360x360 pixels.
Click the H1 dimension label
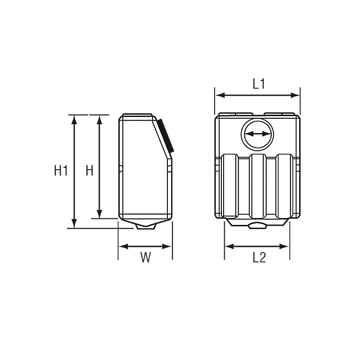pos(61,171)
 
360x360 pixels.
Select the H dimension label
pos(89,171)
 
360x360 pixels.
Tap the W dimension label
pos(145,257)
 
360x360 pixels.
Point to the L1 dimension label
pos(259,84)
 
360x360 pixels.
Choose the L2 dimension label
pos(259,257)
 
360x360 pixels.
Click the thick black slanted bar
pos(166,135)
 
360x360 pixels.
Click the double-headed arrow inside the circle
pos(257,134)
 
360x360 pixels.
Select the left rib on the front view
pos(230,186)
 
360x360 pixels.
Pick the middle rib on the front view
pos(257,186)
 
